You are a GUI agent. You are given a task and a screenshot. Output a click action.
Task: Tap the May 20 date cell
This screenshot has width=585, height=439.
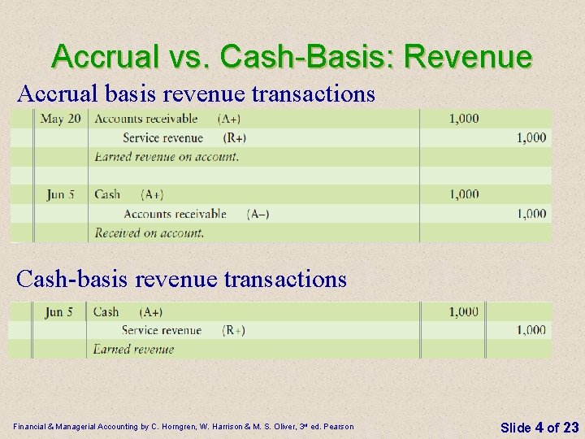click(61, 119)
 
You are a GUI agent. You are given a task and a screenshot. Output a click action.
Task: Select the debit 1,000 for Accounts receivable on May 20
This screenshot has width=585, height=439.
click(464, 119)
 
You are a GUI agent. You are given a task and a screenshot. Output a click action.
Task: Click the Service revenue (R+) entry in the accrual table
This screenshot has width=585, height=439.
click(184, 137)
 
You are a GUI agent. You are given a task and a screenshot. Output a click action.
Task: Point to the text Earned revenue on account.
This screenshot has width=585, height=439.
click(167, 156)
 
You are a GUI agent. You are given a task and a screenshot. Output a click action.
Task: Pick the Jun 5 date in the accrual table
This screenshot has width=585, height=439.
click(61, 194)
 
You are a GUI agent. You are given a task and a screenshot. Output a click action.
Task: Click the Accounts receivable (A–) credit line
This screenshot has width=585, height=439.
click(196, 214)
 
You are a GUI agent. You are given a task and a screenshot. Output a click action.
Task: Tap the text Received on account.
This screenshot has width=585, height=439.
click(149, 233)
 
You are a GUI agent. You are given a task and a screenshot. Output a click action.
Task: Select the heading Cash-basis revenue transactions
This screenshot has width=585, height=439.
click(182, 279)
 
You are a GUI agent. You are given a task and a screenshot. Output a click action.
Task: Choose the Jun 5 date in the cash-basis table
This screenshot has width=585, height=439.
click(59, 311)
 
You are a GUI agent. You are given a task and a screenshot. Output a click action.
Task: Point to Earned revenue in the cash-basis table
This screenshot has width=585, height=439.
click(133, 350)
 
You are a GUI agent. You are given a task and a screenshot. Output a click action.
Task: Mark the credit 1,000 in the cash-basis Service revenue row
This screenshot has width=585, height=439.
click(531, 330)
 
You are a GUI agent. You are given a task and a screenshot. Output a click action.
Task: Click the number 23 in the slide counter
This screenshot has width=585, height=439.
click(570, 427)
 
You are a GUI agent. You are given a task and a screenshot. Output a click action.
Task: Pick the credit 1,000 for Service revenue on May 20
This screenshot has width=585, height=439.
click(531, 137)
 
